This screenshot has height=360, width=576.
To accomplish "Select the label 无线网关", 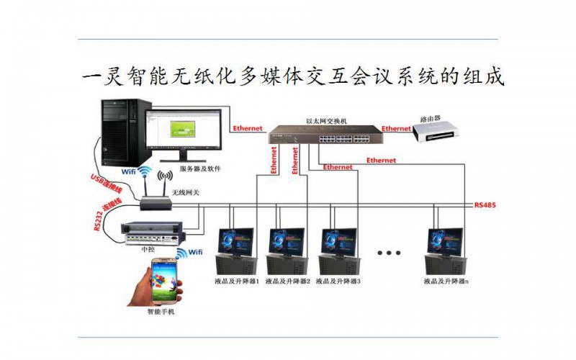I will point(184,193).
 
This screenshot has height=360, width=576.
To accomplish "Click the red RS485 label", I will point(485,205).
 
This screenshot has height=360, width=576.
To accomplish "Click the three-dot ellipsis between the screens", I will point(389,253).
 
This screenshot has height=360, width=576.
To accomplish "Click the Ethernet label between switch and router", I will point(396,129).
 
